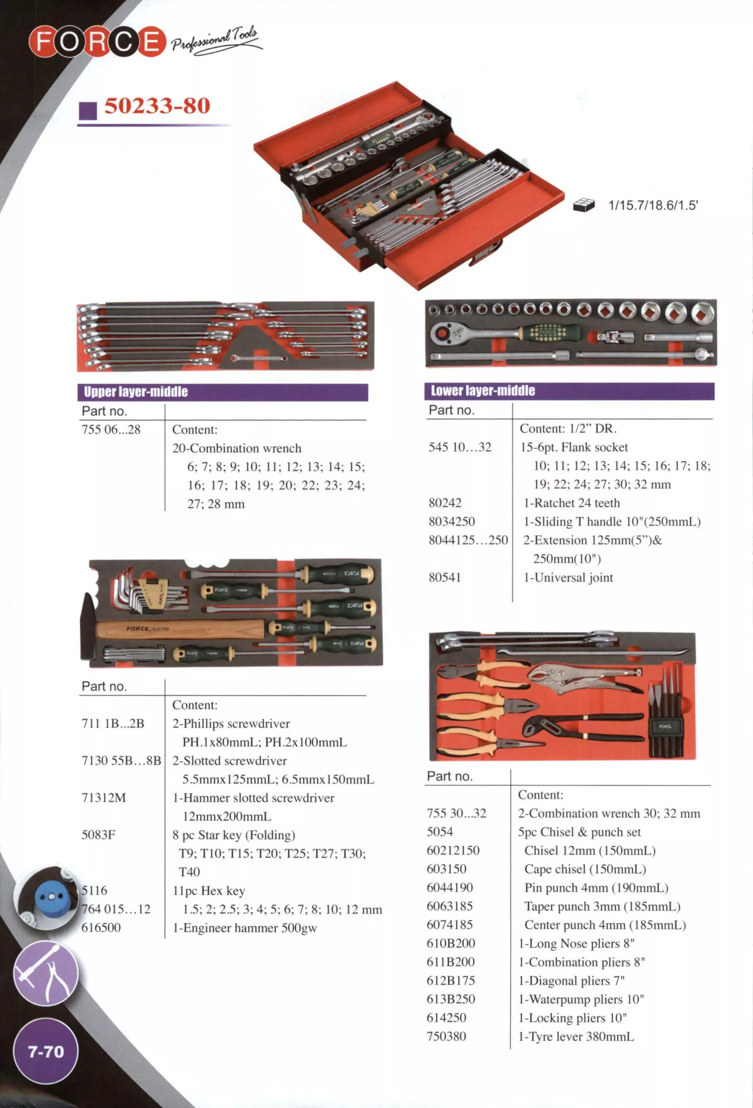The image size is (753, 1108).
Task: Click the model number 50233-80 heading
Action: pyautogui.click(x=157, y=106)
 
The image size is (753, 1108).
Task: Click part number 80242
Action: pyautogui.click(x=445, y=503)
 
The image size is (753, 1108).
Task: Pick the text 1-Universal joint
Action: pyautogui.click(x=568, y=577)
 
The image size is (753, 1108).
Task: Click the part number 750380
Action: pyautogui.click(x=446, y=1036)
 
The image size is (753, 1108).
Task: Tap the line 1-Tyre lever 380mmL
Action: pyautogui.click(x=576, y=1036)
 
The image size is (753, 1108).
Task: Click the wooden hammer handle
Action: pyautogui.click(x=181, y=629)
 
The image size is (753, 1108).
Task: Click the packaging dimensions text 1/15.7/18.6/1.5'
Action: pyautogui.click(x=653, y=205)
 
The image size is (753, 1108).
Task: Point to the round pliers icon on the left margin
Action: pyautogui.click(x=46, y=974)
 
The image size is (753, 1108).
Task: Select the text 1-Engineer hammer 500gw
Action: pyautogui.click(x=245, y=928)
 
